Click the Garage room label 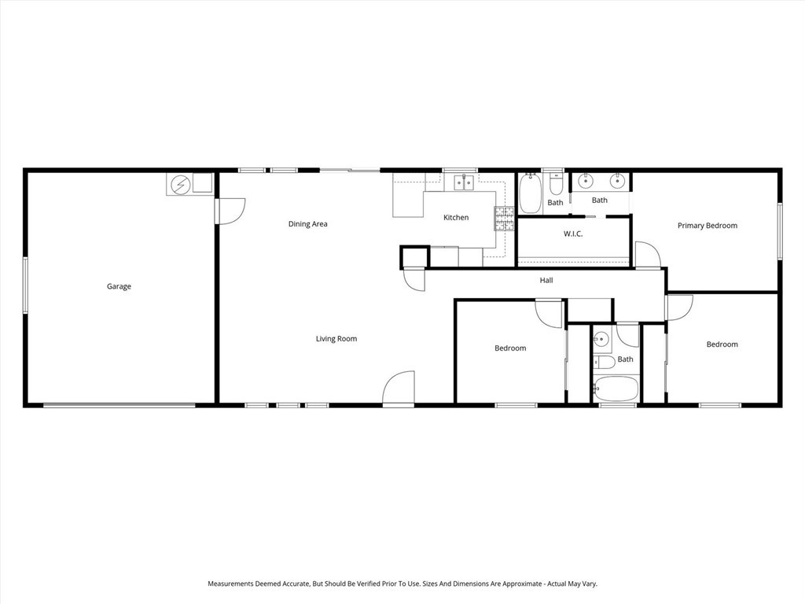(119, 286)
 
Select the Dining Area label (307, 224)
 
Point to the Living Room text (336, 339)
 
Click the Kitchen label (456, 218)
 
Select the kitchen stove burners (503, 218)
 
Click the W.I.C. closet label (573, 234)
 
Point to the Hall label (546, 280)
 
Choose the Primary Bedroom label (708, 226)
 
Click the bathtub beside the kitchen (531, 195)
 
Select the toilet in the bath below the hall (603, 363)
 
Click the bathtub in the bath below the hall (616, 389)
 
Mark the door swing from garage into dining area (231, 211)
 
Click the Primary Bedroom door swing (648, 255)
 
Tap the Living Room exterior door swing (399, 388)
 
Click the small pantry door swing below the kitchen (414, 280)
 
